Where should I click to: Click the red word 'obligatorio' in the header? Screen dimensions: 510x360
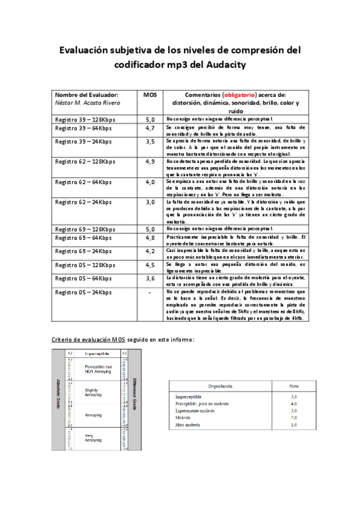239,95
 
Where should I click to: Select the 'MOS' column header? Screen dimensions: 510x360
150,95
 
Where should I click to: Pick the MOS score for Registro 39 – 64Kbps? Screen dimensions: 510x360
150,128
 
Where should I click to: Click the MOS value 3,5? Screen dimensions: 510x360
150,141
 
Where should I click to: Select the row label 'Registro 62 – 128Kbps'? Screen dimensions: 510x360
85,162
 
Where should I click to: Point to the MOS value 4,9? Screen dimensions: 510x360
150,162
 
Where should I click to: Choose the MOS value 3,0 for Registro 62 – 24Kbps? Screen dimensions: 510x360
150,202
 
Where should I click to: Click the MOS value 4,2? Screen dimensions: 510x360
150,251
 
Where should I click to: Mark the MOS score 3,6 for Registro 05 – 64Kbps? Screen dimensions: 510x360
150,278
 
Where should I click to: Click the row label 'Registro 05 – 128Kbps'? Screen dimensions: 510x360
85,265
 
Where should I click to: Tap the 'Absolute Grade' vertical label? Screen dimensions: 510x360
58,394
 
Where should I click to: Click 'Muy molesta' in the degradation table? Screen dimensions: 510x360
189,425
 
